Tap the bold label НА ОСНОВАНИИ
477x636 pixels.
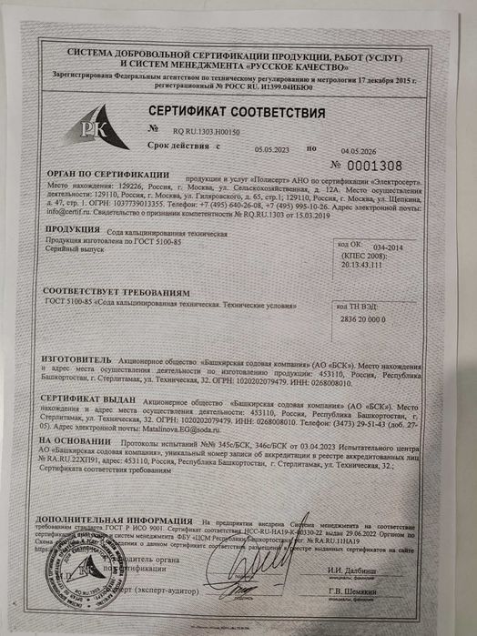[x=74, y=440]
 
